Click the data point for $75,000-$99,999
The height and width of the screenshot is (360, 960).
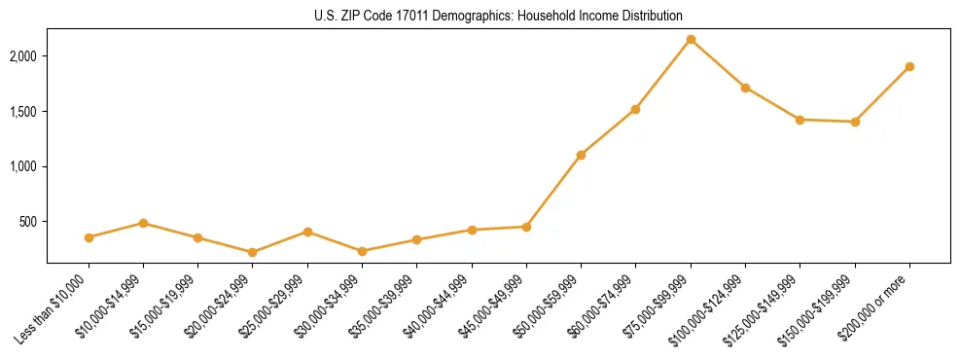click(691, 40)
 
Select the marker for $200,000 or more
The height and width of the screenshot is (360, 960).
click(909, 67)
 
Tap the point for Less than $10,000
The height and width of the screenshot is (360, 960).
click(89, 237)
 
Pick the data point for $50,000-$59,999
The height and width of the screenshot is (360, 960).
click(581, 155)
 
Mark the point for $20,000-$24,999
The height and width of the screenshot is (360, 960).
click(253, 252)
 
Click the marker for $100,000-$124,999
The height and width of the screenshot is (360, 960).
click(745, 88)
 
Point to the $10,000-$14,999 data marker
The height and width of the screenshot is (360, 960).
click(143, 223)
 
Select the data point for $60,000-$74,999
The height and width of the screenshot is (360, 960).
click(635, 109)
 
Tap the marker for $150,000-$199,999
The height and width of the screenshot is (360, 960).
click(855, 122)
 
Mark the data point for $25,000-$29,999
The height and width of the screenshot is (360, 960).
click(307, 232)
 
